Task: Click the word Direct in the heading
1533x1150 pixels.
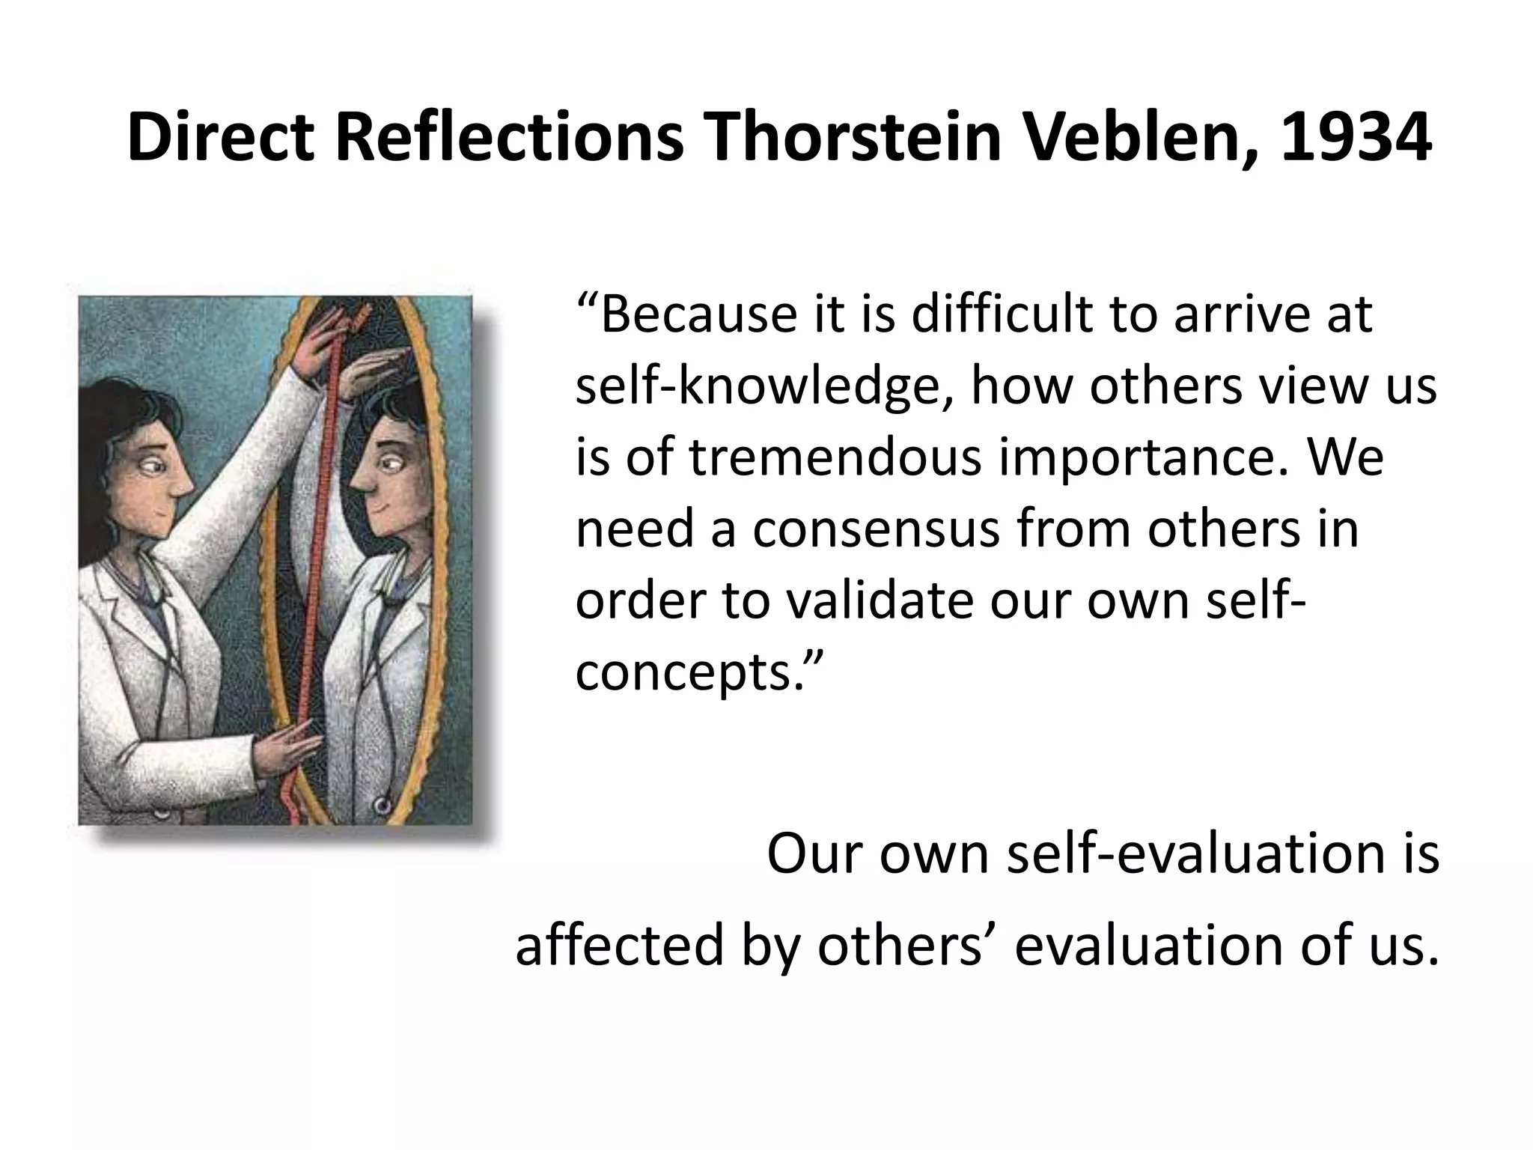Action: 221,139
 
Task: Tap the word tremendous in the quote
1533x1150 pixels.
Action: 835,458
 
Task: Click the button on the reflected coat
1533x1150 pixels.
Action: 383,806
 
